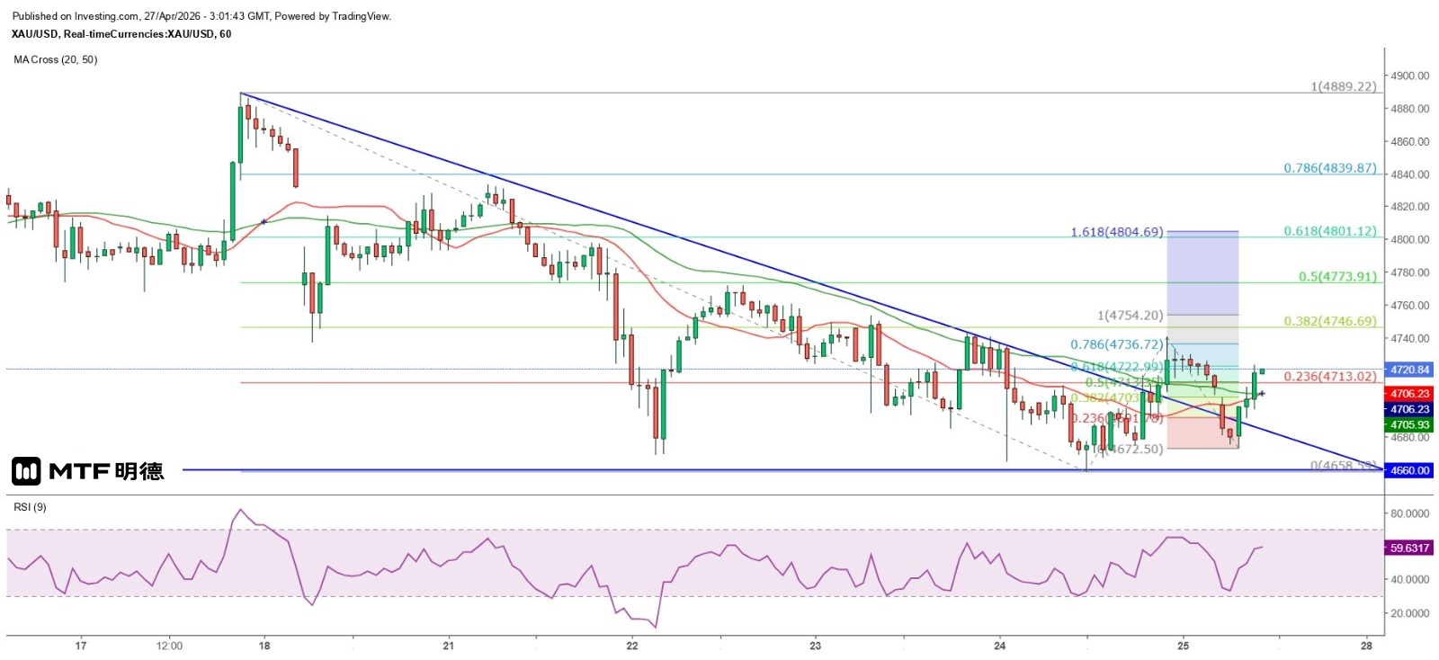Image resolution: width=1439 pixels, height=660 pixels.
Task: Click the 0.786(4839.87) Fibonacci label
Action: (x=1329, y=168)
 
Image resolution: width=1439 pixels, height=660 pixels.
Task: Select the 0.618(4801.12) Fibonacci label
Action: (x=1329, y=231)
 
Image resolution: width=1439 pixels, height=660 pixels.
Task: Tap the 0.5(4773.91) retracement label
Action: (x=1336, y=276)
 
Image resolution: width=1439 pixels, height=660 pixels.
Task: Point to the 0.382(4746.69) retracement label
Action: (x=1329, y=321)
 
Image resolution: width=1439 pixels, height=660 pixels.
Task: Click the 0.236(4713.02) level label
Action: (x=1329, y=377)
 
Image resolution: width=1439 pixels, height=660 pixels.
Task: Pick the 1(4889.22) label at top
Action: (x=1343, y=86)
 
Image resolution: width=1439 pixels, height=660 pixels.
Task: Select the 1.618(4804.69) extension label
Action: (x=1116, y=232)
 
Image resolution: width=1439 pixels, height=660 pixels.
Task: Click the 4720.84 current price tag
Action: (x=1409, y=370)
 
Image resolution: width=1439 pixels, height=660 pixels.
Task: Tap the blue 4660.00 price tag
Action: (x=1409, y=470)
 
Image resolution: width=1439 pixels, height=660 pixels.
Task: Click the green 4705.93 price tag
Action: (x=1409, y=424)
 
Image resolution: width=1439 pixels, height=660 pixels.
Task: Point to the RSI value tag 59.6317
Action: (x=1409, y=548)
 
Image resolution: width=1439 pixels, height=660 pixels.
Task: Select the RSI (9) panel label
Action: (x=30, y=507)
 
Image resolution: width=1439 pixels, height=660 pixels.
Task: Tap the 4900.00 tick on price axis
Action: (x=1409, y=76)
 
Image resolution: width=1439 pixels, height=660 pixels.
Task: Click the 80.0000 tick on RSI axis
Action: (x=1409, y=513)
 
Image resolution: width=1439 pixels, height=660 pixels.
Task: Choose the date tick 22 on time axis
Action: (x=632, y=646)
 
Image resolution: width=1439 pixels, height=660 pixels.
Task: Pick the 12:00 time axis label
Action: (x=169, y=646)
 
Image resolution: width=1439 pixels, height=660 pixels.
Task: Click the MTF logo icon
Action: (x=26, y=471)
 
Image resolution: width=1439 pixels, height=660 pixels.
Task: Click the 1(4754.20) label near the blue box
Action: (x=1130, y=316)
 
